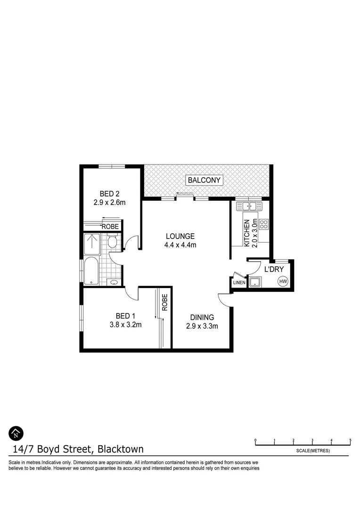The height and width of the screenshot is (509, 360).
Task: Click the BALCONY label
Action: [205, 180]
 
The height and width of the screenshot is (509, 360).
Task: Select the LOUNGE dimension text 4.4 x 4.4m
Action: [180, 245]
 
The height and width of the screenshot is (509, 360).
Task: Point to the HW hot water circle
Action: [283, 281]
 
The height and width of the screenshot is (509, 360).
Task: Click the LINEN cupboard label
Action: [238, 282]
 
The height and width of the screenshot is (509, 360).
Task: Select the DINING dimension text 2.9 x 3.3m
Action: [202, 326]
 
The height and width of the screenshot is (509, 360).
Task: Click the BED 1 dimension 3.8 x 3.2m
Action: [126, 324]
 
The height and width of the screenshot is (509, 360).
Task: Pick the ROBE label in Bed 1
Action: [165, 302]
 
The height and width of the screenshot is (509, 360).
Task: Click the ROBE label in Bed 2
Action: [110, 226]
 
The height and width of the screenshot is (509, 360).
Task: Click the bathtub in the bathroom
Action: [91, 271]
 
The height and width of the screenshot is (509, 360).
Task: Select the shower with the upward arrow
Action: [92, 244]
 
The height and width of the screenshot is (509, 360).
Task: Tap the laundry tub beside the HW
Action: [256, 282]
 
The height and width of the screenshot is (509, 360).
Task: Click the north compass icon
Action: [16, 433]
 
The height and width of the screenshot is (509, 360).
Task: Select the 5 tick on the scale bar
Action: [350, 441]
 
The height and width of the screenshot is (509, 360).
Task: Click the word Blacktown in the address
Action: [121, 449]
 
